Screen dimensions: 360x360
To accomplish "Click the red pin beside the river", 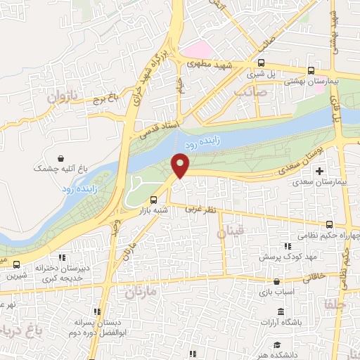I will pyautogui.click(x=181, y=166).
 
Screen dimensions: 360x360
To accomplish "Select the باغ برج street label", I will pyautogui.click(x=103, y=99).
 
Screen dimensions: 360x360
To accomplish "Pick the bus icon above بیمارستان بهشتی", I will pyautogui.click(x=311, y=70).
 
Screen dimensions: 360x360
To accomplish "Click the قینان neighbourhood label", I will pyautogui.click(x=232, y=233).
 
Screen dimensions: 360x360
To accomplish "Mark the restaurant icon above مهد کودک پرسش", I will pyautogui.click(x=287, y=246).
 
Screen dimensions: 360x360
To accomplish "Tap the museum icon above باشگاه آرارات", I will pyautogui.click(x=281, y=311).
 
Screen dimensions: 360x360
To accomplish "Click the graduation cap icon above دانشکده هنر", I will pyautogui.click(x=277, y=345).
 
